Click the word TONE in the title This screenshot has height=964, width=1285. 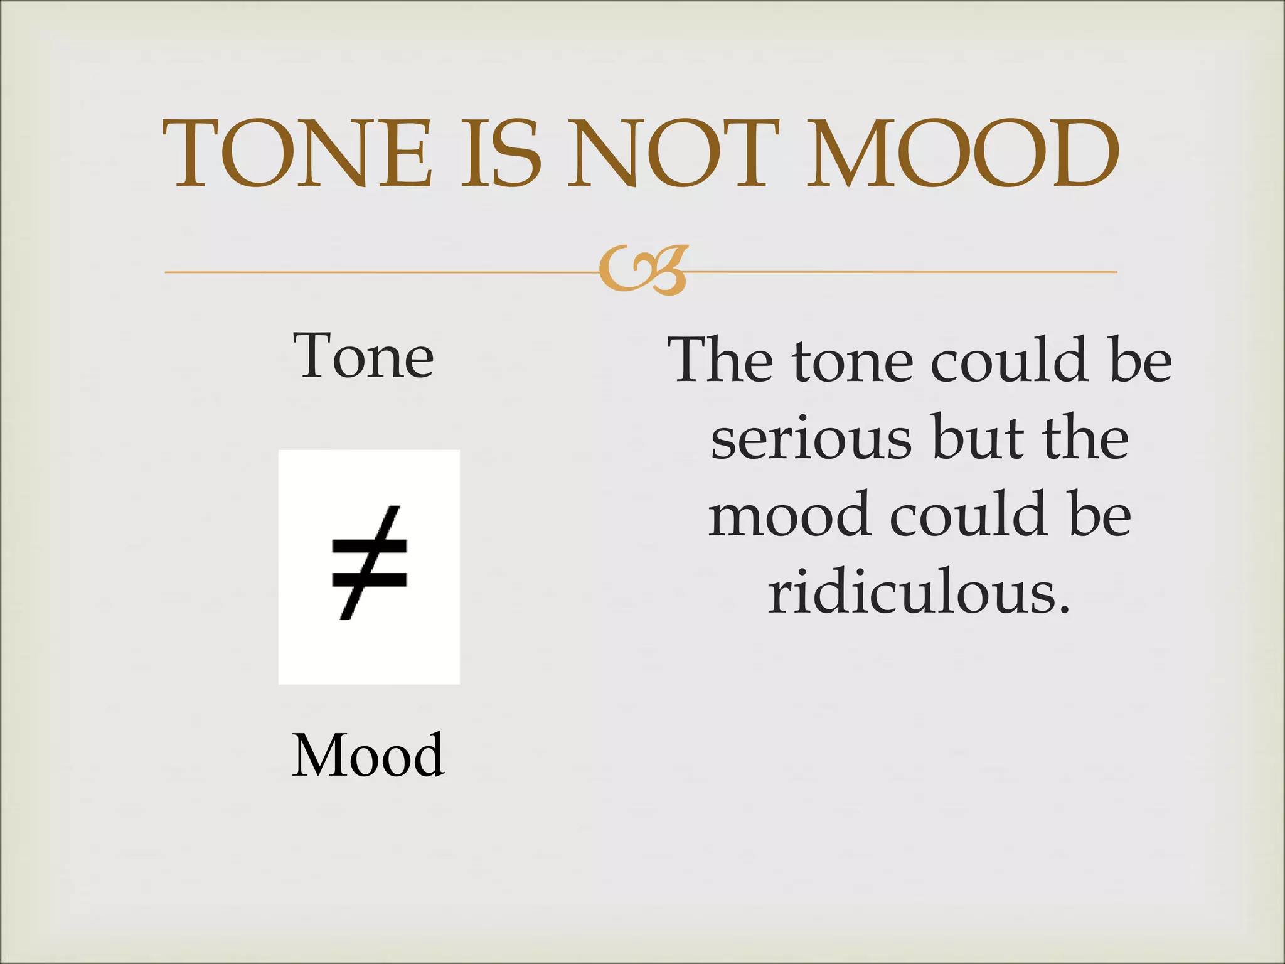click(297, 153)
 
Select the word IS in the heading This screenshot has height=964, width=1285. click(501, 153)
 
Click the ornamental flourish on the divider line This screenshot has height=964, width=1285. click(643, 270)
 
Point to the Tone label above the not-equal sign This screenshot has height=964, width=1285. click(363, 356)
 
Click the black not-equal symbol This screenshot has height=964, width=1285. click(369, 562)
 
